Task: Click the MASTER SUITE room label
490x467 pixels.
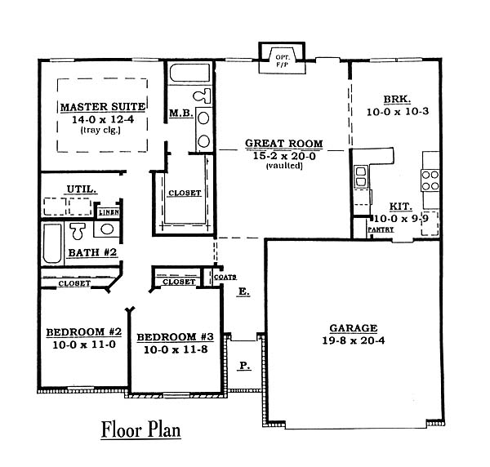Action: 103,107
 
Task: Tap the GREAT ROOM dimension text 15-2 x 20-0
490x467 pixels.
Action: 284,156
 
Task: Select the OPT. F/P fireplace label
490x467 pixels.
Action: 283,61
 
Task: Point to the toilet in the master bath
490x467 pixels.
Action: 202,96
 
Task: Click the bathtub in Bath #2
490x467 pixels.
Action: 52,243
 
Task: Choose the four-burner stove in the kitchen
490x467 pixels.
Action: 430,180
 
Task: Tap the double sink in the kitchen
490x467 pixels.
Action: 361,177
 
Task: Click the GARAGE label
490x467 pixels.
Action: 354,328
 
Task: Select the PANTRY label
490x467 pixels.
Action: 381,229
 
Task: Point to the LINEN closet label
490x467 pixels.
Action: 109,213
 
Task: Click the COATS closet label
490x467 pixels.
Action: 225,277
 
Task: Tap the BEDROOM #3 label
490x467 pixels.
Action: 175,337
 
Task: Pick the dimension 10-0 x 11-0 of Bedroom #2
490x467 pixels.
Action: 84,345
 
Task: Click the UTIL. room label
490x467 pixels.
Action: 82,189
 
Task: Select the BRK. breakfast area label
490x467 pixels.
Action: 397,100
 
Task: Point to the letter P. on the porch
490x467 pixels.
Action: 244,365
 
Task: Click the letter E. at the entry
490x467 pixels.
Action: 244,291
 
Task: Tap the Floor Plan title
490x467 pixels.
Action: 141,429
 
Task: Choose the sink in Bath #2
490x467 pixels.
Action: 106,229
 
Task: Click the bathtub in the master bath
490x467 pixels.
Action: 190,73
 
